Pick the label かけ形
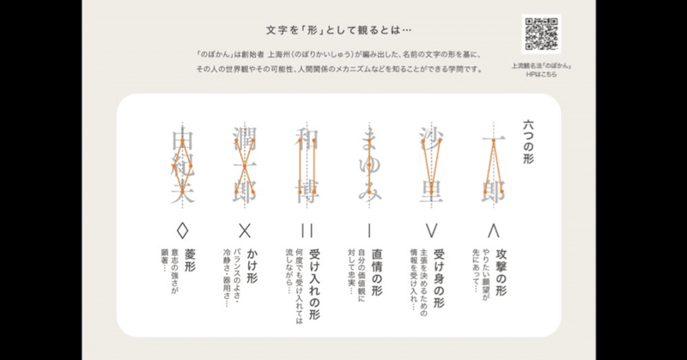coord(250,261)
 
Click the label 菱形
coord(188,257)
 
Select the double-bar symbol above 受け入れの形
coord(307,229)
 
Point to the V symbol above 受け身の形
coord(431,229)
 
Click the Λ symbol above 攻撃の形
coord(493,229)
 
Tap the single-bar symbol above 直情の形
coord(369,229)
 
